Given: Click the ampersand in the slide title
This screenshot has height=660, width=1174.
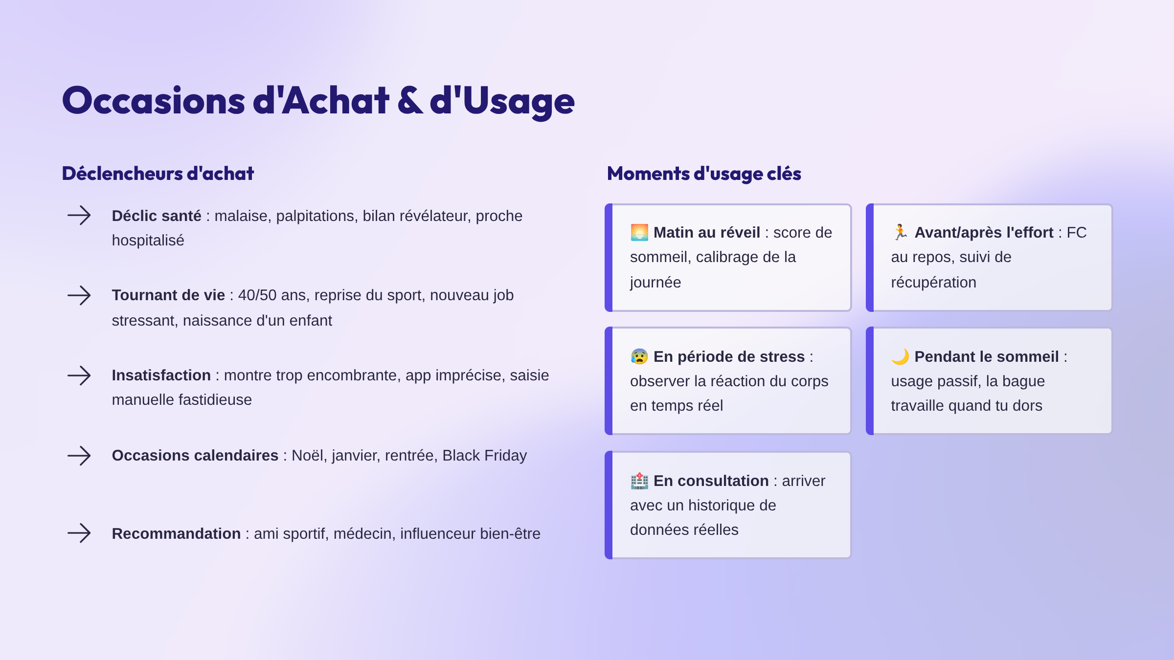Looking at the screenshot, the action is [410, 100].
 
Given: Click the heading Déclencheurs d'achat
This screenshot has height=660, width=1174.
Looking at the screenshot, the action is [158, 174].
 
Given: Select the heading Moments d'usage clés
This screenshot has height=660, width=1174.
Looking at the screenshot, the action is [704, 174].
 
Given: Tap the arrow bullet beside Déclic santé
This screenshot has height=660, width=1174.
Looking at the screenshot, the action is [79, 215].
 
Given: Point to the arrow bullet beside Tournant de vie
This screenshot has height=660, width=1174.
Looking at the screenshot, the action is [79, 295].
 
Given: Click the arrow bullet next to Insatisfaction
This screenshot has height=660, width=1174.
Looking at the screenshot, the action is [79, 375].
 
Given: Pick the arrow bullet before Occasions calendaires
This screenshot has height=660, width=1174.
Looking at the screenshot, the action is [79, 456].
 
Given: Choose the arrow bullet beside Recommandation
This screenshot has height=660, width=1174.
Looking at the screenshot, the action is [79, 533].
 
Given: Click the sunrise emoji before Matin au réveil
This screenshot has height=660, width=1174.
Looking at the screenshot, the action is [639, 232].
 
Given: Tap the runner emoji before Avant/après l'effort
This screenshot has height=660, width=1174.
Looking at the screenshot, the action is [900, 232].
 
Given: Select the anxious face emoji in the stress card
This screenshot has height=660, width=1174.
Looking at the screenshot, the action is [639, 356].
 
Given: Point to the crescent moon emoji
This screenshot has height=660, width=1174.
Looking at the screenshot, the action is [900, 356].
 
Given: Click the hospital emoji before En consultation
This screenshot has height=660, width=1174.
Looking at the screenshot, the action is [639, 481].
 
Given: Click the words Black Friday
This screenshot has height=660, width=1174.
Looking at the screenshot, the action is [485, 456].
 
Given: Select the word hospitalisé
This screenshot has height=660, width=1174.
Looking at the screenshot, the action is [148, 241].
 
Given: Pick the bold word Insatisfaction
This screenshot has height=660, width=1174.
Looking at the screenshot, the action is [161, 375].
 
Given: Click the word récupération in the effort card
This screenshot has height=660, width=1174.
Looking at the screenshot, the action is [933, 283].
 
